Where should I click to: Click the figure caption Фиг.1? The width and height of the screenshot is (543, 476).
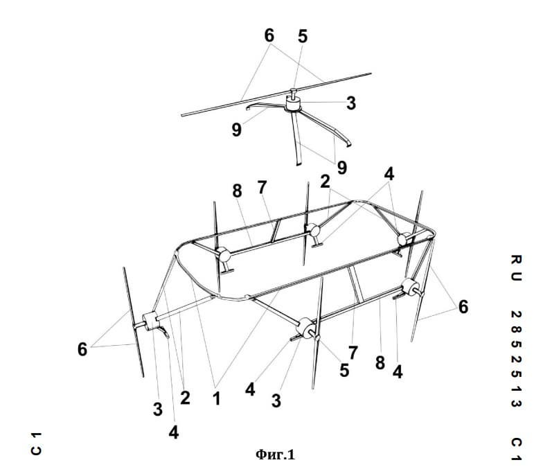click(x=276, y=455)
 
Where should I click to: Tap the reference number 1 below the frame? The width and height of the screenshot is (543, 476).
click(x=217, y=399)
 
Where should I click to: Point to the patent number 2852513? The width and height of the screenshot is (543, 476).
click(x=517, y=359)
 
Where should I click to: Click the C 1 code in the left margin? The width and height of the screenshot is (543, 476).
click(x=36, y=443)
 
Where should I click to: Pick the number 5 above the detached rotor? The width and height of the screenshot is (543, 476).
click(x=302, y=36)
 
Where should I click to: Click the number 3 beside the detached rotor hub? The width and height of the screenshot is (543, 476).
click(x=350, y=103)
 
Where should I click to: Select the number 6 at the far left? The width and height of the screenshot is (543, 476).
click(x=82, y=349)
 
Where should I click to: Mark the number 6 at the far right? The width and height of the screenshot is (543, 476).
click(x=463, y=307)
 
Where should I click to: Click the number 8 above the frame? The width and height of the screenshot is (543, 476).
click(x=237, y=191)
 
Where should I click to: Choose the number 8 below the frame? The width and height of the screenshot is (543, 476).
click(x=380, y=363)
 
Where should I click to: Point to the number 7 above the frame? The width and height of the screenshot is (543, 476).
click(x=262, y=187)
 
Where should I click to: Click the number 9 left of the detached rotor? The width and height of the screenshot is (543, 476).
click(x=237, y=130)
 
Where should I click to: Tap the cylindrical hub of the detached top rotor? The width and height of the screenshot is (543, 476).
click(x=293, y=103)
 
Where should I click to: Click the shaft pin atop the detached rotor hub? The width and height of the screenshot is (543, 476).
click(x=294, y=93)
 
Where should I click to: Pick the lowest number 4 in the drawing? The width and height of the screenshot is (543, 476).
click(x=173, y=432)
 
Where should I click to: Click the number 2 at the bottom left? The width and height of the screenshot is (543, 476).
click(x=185, y=398)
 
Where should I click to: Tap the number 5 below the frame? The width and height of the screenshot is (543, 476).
click(x=344, y=370)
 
